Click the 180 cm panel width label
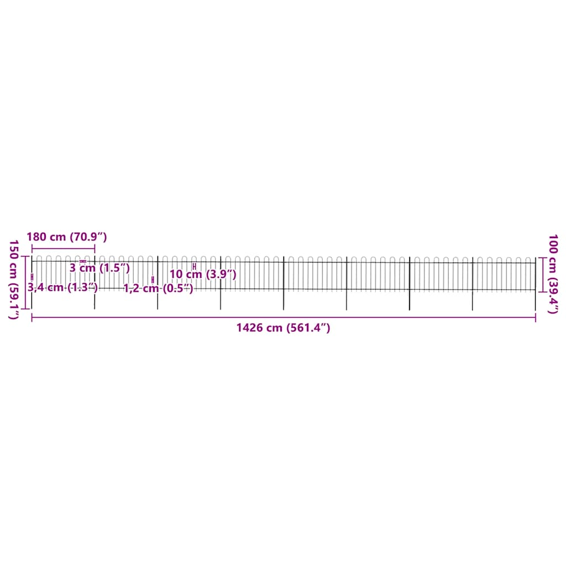click(x=46, y=237)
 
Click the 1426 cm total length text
click(x=259, y=328)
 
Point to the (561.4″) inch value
click(x=308, y=328)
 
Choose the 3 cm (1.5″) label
click(x=100, y=268)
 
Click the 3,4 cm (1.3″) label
click(x=62, y=287)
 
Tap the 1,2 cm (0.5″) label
click(x=158, y=288)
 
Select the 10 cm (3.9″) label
click(x=203, y=274)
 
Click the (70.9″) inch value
click(x=87, y=237)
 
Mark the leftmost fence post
click(x=32, y=282)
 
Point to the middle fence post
click(x=284, y=282)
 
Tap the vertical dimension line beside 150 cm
click(x=25, y=282)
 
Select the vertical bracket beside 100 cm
click(x=542, y=274)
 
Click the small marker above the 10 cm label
click(x=194, y=266)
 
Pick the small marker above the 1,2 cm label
click(x=153, y=280)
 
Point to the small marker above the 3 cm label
click(x=83, y=261)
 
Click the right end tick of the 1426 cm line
click(x=535, y=317)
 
